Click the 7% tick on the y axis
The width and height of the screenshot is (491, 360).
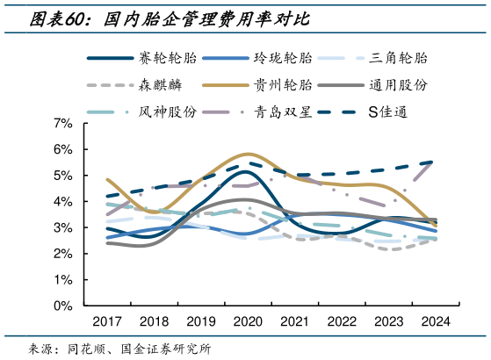pyautogui.click(x=62, y=124)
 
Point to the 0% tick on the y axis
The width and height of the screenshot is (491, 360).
pyautogui.click(x=62, y=306)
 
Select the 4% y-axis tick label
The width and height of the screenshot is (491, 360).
pyautogui.click(x=62, y=202)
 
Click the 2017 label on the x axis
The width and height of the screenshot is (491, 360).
pyautogui.click(x=106, y=321)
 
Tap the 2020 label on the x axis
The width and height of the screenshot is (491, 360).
pyautogui.click(x=248, y=321)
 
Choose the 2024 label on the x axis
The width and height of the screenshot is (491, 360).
pyautogui.click(x=435, y=321)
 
